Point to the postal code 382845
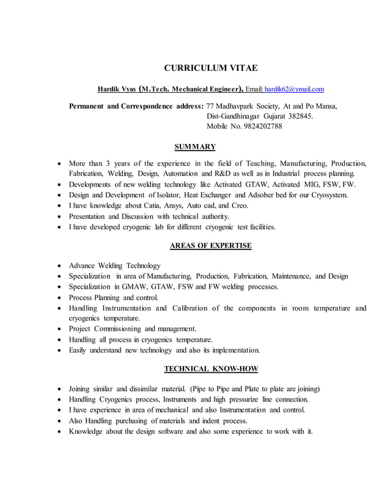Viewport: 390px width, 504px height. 298,116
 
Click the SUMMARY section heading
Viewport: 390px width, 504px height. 195,147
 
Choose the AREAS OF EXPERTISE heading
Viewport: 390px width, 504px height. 210,246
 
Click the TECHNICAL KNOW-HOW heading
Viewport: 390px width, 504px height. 211,369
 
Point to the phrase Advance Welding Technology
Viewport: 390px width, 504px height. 115,265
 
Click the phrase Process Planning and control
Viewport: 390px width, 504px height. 114,297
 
